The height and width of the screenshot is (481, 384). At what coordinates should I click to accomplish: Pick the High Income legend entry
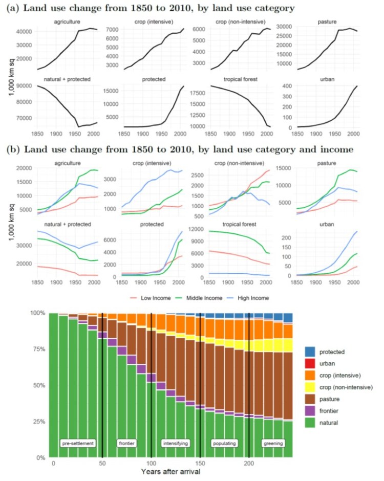pos(254,297)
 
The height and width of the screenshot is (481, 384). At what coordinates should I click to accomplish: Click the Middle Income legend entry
pos(201,297)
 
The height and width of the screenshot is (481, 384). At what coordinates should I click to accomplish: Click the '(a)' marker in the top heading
pos(13,8)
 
